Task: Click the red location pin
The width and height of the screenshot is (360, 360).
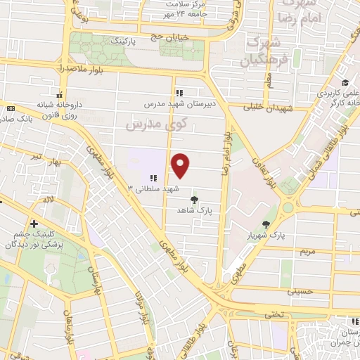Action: click(x=181, y=165)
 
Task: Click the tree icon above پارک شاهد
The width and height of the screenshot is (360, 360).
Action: click(x=194, y=200)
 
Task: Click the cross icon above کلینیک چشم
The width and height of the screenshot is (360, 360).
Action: click(x=33, y=224)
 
